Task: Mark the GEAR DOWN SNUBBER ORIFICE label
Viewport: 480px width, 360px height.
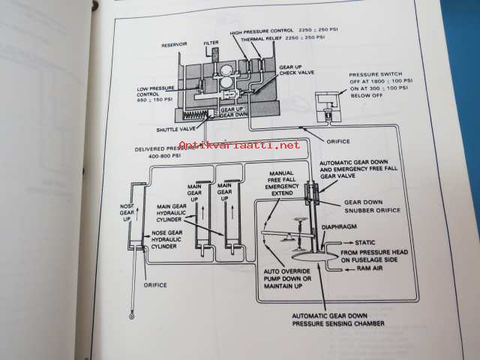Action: [370, 207]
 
